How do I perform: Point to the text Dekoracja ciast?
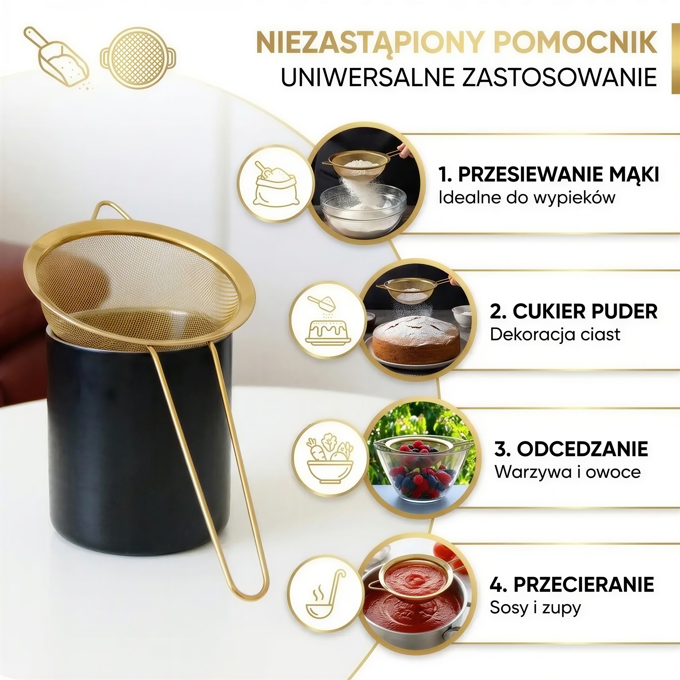tap(555, 334)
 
